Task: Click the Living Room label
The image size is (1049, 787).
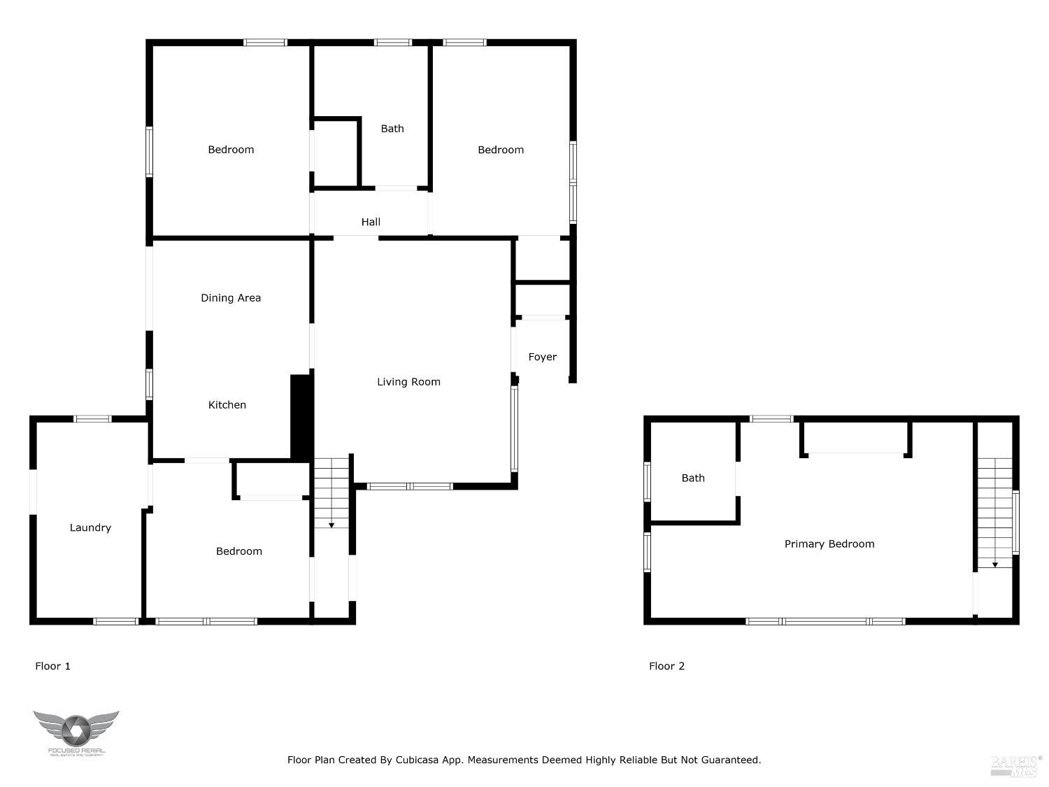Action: (x=408, y=382)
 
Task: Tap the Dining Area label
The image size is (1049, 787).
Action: (x=231, y=298)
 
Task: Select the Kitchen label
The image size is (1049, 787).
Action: (x=227, y=405)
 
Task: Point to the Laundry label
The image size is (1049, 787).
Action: (x=90, y=528)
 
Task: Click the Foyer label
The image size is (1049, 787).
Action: (x=542, y=357)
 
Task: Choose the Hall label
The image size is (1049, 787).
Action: (x=371, y=222)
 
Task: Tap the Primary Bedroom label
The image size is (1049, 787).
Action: (x=829, y=544)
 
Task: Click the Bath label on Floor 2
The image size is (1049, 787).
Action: (x=693, y=478)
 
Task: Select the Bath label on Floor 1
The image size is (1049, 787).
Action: (x=392, y=129)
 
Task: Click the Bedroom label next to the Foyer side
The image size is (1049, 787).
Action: (x=501, y=150)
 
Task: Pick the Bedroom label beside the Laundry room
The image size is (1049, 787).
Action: (x=239, y=552)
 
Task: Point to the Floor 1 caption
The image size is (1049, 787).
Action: (x=52, y=667)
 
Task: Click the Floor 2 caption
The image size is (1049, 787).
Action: (x=666, y=667)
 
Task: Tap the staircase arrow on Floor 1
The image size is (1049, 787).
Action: (x=331, y=524)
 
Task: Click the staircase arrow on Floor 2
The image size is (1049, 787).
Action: (x=994, y=563)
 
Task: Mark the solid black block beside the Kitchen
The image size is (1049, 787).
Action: (x=301, y=417)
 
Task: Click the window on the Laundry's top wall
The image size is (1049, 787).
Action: (x=92, y=419)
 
